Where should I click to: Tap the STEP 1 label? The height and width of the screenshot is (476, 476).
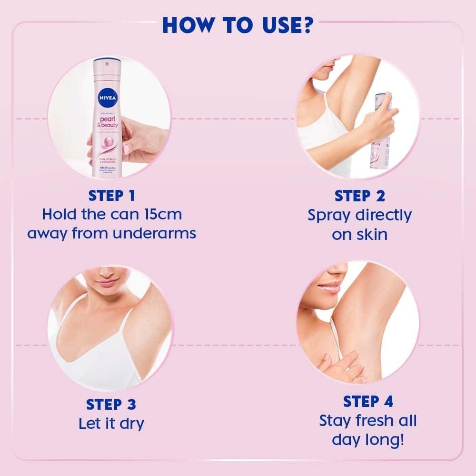[111, 196]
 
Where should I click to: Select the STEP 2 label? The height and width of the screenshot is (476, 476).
[359, 196]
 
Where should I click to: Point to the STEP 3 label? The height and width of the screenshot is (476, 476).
[111, 405]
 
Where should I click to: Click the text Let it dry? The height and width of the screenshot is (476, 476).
[111, 423]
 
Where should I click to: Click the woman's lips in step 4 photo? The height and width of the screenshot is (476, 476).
[328, 288]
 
